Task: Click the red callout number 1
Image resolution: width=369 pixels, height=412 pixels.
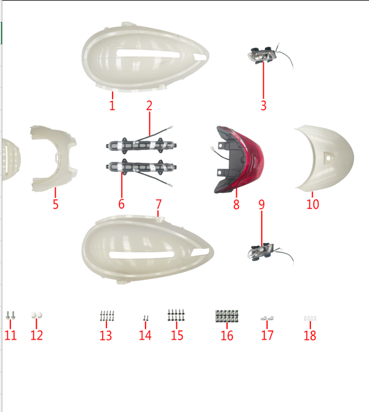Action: coord(112,105)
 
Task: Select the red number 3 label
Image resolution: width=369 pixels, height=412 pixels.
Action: coord(263,105)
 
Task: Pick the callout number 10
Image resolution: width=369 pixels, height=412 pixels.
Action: coord(313,204)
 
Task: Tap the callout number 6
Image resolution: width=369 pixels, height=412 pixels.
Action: coord(121,204)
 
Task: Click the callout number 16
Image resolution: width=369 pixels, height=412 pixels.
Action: coord(227,335)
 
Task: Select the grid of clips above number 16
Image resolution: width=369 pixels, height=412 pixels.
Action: coord(227,316)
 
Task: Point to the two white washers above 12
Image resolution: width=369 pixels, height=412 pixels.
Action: coord(36,315)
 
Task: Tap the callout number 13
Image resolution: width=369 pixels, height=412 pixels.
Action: coord(106,335)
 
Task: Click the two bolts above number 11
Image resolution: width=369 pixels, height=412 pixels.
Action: coord(10,315)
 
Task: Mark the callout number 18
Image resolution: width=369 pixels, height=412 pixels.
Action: coord(310,335)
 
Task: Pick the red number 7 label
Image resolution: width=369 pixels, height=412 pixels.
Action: coord(158,204)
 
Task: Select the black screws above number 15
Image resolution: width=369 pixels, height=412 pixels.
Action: coord(176,315)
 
